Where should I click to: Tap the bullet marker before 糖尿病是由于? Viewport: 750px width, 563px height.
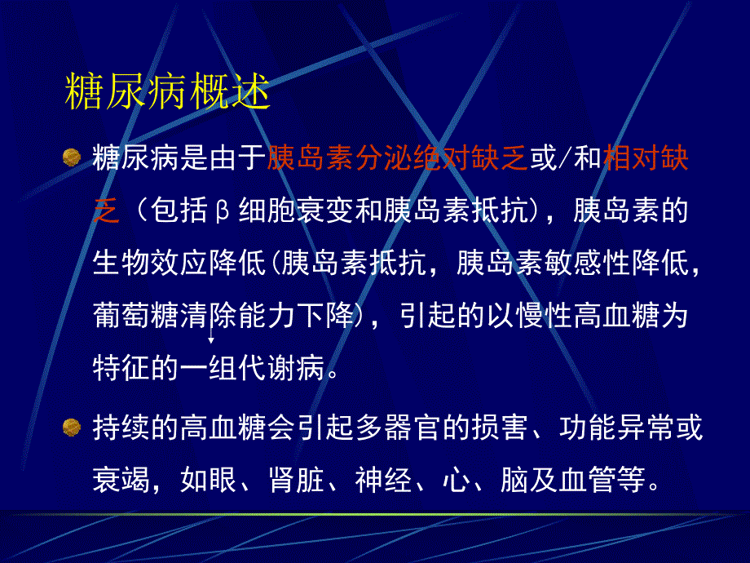[x=72, y=157]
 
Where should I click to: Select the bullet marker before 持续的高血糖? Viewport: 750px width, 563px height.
[x=72, y=427]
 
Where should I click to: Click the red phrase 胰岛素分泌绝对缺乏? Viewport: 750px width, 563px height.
[x=398, y=158]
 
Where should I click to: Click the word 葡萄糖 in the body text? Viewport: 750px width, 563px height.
[x=134, y=315]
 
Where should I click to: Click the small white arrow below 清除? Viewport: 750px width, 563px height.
[x=212, y=339]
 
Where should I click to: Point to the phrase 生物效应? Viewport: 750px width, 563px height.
[x=165, y=263]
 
